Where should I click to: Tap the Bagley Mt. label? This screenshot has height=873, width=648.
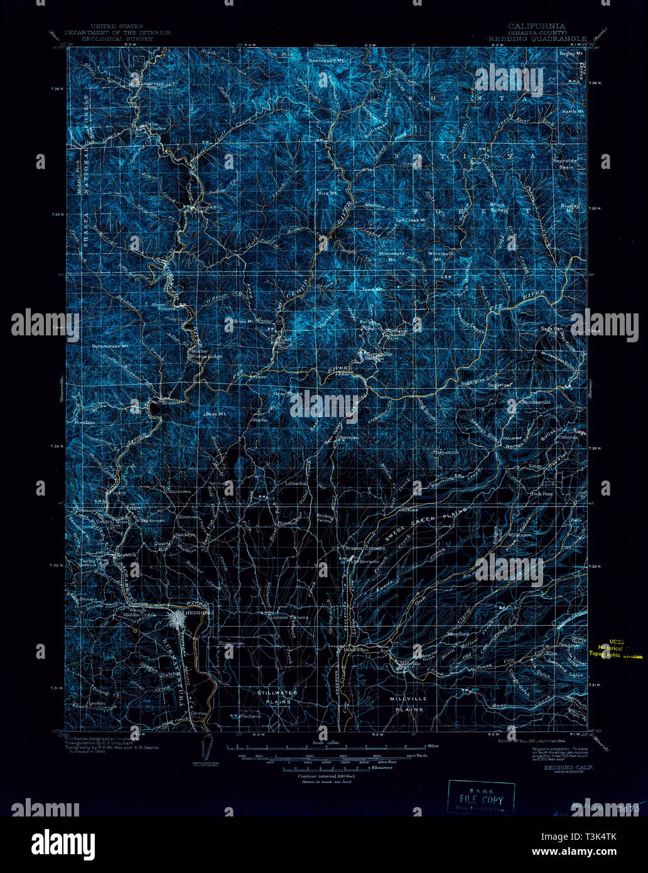point(571,54)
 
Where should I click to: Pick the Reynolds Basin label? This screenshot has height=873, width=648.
point(564,164)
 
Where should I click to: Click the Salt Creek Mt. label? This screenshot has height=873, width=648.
point(411,220)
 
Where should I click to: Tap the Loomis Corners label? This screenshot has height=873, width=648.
point(289,617)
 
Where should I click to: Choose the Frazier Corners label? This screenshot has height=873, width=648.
point(357,548)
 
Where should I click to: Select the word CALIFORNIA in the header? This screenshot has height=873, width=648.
point(536,26)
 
